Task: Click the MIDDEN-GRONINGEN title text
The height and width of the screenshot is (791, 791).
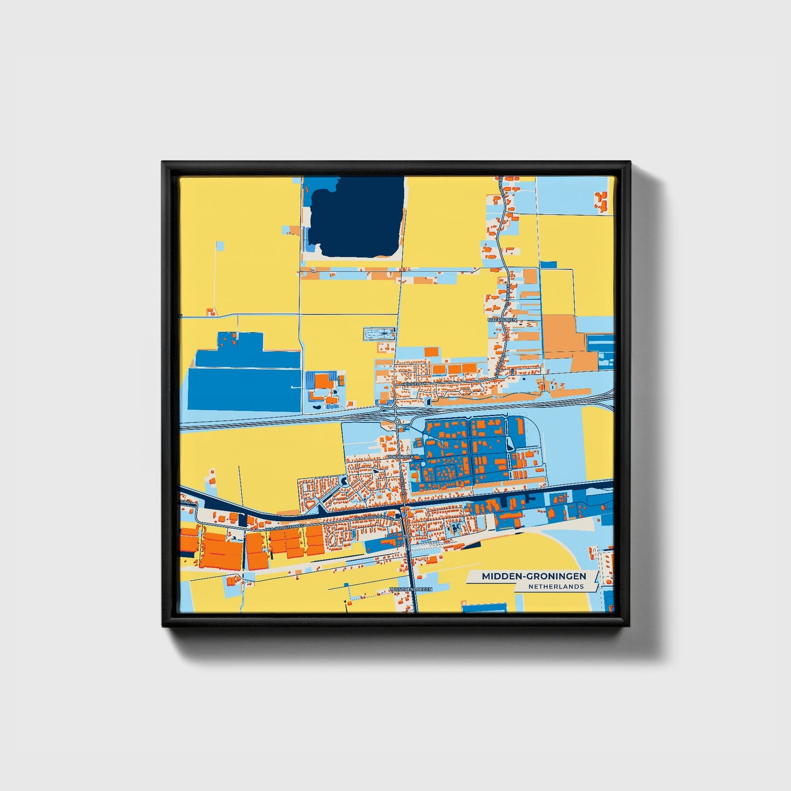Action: point(534,576)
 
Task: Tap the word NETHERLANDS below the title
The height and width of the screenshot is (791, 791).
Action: point(556,587)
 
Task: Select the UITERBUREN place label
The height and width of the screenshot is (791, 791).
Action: point(502,320)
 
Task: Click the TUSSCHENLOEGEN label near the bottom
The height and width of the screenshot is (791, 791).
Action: point(411,590)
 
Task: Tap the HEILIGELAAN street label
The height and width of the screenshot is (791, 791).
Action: point(414,384)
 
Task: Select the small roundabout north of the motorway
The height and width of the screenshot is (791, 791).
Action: point(395,408)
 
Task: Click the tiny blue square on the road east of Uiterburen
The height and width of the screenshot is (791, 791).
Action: point(548,265)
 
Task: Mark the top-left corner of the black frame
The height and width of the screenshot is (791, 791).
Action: point(163,163)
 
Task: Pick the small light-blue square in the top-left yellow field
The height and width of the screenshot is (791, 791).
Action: point(220,246)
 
